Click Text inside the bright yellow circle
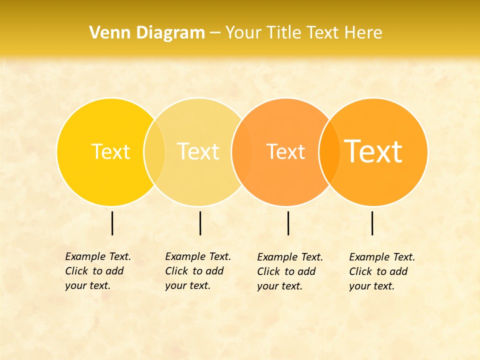pos(110,151)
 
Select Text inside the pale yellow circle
pos(198,151)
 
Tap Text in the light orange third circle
pos(285,151)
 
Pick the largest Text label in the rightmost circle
pos(373,151)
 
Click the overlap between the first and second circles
pos(154,152)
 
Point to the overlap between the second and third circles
pos(242,152)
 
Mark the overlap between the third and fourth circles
pos(329,152)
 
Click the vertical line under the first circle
pos(112,223)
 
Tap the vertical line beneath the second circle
pos(200,223)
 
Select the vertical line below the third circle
pos(288,223)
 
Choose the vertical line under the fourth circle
pos(372,223)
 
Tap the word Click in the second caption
pos(176,271)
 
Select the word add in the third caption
pos(307,271)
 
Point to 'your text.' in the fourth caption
pos(371,286)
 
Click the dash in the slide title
pos(215,33)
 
